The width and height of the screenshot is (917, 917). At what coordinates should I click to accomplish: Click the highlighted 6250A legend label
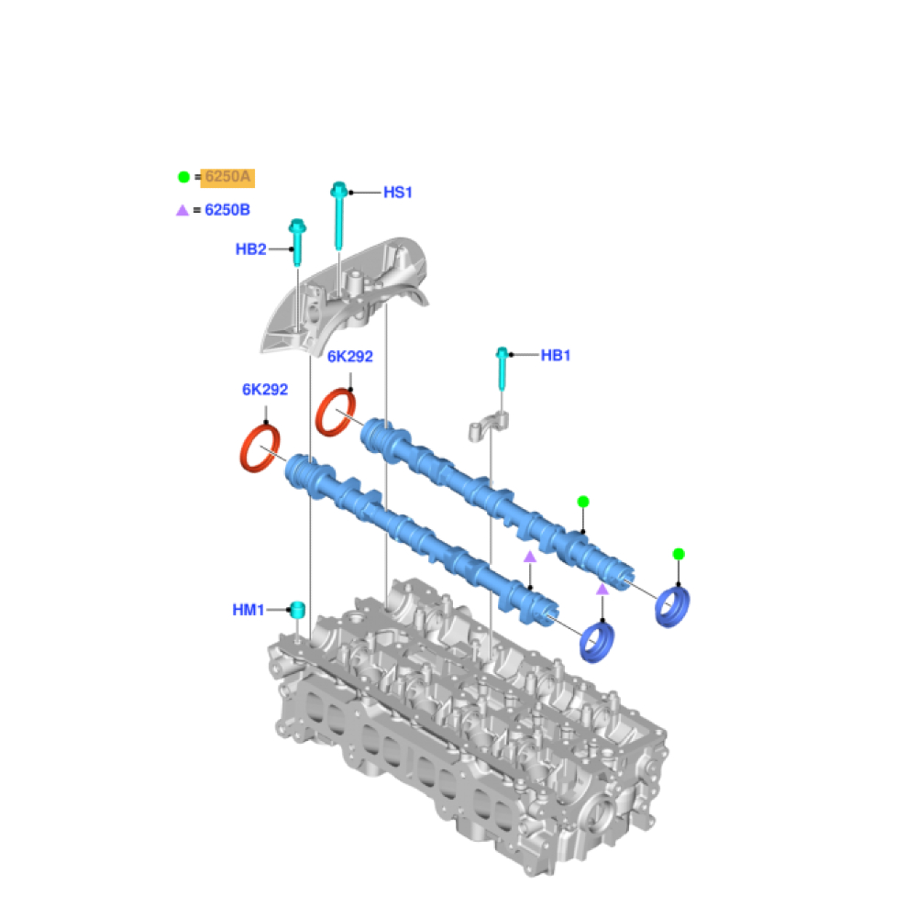[x=227, y=177]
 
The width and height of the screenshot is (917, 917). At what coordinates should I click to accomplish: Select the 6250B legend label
[x=227, y=210]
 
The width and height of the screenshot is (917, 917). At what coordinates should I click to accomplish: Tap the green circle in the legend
[x=183, y=177]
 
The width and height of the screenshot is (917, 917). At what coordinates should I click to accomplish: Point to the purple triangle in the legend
[x=182, y=210]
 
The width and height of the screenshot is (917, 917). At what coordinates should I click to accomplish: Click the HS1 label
[x=398, y=193]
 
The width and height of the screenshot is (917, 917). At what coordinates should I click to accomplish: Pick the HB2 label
[x=251, y=249]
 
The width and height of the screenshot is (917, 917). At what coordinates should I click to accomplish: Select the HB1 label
[x=556, y=355]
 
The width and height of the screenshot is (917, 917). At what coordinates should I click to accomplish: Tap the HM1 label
[x=249, y=610]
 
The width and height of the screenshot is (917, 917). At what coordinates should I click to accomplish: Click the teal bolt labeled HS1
[x=338, y=215]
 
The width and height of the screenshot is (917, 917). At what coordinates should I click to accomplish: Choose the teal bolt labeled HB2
[x=298, y=242]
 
